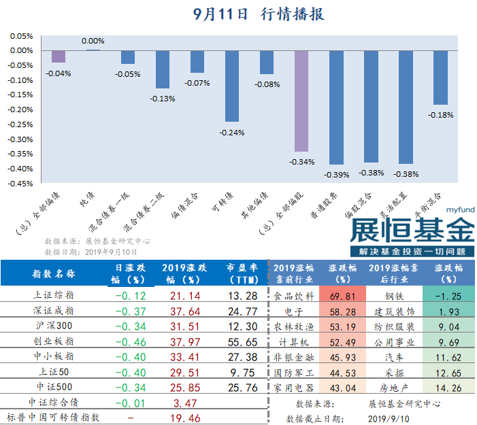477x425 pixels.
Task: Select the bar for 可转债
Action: coord(232,86)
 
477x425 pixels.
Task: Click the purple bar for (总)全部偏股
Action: coord(301,101)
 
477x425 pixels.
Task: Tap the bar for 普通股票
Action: coord(336,107)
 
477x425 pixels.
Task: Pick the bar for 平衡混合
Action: coord(440,78)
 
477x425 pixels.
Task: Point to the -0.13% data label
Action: coord(163,99)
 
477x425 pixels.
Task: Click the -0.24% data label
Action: coord(232,132)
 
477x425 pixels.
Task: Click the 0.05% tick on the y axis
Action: coord(22,36)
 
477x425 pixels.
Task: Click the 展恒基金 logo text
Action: coord(411,230)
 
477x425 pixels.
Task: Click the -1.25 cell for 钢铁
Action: coord(448,296)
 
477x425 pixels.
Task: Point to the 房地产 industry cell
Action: coord(395,388)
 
